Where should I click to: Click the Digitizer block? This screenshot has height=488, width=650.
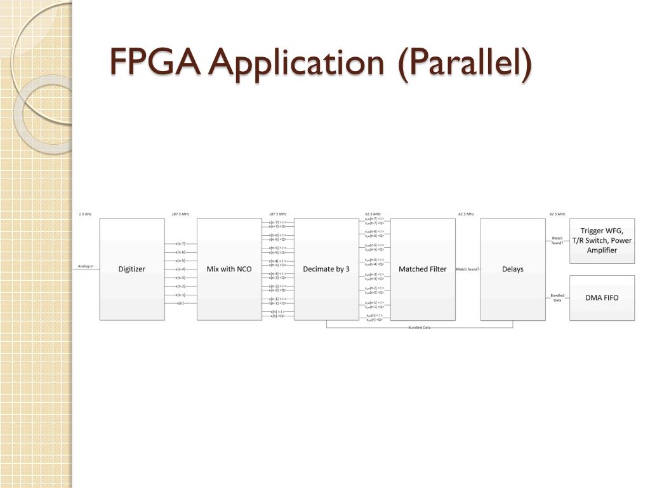click(x=131, y=269)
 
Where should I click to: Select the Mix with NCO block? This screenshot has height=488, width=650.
click(x=229, y=269)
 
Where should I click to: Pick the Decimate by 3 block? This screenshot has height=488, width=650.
click(x=326, y=269)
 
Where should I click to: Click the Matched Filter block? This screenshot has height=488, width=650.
click(x=422, y=269)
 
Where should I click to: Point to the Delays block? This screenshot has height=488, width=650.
click(x=512, y=269)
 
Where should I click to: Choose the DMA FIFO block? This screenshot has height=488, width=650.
click(x=602, y=297)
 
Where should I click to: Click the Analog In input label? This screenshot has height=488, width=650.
click(x=86, y=266)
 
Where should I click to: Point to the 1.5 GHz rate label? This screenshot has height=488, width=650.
click(x=85, y=214)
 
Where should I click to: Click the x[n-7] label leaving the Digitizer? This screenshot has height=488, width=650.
click(x=180, y=243)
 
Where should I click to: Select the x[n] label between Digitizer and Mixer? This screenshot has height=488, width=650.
click(x=181, y=303)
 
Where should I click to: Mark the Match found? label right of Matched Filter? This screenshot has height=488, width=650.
click(x=468, y=269)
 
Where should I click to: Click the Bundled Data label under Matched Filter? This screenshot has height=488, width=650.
click(x=419, y=328)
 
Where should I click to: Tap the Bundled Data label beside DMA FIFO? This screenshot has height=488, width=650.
click(x=557, y=297)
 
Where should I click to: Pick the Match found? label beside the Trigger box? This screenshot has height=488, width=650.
click(x=557, y=240)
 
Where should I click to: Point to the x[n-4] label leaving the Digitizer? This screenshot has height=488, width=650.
click(x=180, y=269)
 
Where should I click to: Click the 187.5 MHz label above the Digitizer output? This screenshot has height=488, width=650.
click(x=180, y=214)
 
